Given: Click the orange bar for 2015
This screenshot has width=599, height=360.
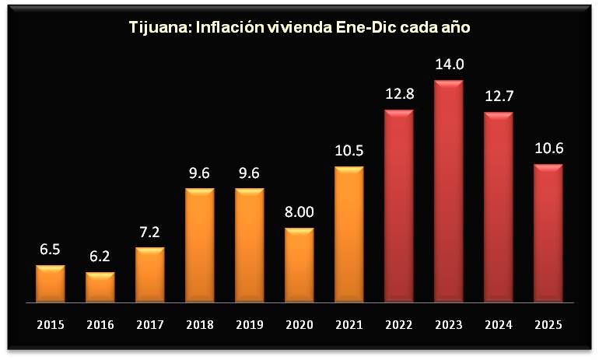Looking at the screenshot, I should point(50,284).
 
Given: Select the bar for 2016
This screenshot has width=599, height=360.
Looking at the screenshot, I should point(100,287).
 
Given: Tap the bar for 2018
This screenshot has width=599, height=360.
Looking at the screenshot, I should point(199,245).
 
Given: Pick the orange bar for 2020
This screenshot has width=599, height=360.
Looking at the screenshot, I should point(299,265).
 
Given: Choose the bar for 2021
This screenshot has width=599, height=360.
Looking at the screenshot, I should point(349,234).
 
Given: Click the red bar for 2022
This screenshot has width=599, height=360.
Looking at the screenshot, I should point(398,206).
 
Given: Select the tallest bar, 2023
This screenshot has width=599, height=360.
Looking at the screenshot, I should point(448,191).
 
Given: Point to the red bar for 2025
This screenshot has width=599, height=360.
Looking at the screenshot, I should point(548,233).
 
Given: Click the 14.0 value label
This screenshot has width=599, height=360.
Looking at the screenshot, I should point(449,65).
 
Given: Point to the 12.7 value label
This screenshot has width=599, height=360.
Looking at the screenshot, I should point(499,98).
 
